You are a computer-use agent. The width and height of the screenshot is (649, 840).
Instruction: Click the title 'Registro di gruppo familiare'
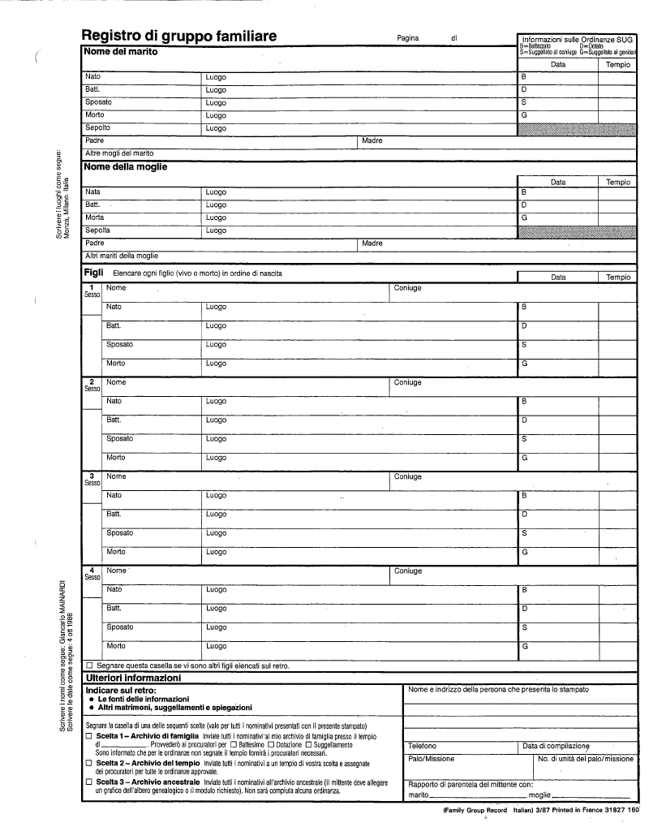178,36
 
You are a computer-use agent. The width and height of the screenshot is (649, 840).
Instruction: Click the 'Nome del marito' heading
121,51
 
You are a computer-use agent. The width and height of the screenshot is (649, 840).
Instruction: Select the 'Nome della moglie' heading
126,166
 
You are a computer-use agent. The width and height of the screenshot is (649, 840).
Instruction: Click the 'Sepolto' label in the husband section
97,127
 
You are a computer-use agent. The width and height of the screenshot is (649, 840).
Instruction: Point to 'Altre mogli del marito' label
119,153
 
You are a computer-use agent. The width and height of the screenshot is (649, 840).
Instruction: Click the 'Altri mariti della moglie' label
122,256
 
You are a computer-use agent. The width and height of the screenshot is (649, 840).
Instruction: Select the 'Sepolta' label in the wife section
97,230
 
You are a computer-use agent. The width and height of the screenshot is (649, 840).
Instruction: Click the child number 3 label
92,476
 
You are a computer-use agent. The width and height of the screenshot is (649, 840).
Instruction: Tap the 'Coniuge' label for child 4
408,571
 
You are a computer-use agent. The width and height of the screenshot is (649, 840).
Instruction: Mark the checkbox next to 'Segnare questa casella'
89,666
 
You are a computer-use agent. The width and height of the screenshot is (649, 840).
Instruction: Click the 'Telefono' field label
422,745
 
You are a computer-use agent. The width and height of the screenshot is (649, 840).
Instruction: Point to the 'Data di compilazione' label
556,745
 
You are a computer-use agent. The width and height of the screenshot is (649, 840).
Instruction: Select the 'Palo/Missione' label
431,759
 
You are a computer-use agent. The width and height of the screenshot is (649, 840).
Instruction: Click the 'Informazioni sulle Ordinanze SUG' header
577,39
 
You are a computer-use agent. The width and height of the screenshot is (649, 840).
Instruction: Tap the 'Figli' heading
92,273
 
